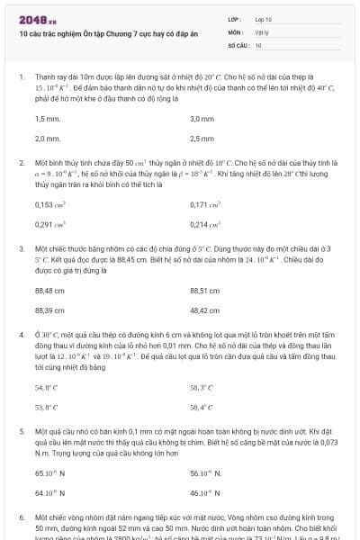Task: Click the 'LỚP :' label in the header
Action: [x=235, y=19]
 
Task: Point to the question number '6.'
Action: [x=22, y=518]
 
